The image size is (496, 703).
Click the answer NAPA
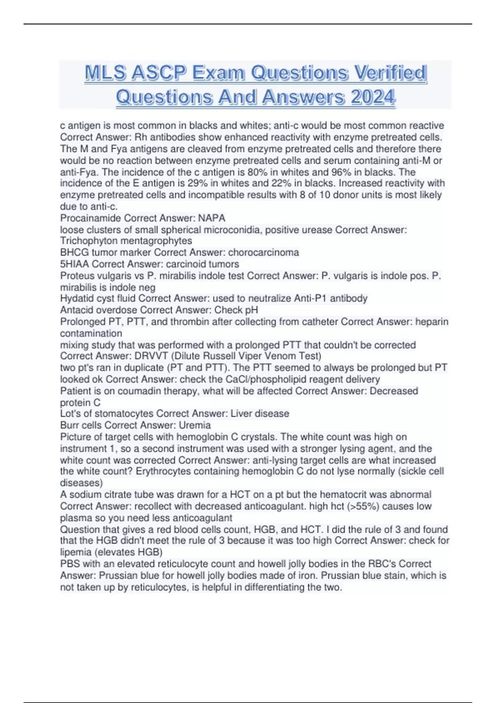(x=212, y=218)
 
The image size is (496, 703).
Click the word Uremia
(x=195, y=425)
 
